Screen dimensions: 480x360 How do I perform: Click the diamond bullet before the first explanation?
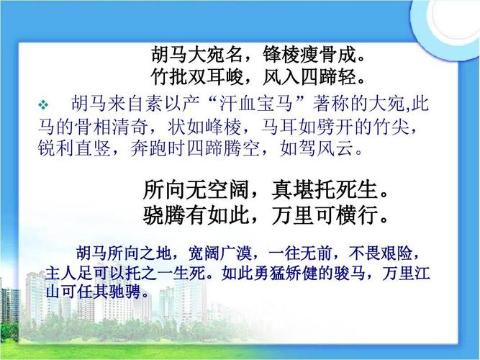click(43, 105)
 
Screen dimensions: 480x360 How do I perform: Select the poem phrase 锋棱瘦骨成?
click(309, 55)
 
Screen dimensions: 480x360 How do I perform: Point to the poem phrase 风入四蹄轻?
click(309, 76)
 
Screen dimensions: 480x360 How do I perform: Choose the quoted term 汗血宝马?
click(256, 104)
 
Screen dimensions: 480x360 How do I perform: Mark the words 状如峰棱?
click(204, 127)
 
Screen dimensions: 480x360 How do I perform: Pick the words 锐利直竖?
click(74, 148)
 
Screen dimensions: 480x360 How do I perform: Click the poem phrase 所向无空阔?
click(196, 189)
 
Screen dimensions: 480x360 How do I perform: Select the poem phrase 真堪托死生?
click(324, 189)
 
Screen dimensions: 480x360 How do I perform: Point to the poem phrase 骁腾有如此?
click(196, 215)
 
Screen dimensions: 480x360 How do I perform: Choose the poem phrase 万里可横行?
click(324, 215)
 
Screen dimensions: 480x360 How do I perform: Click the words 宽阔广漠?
click(219, 253)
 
